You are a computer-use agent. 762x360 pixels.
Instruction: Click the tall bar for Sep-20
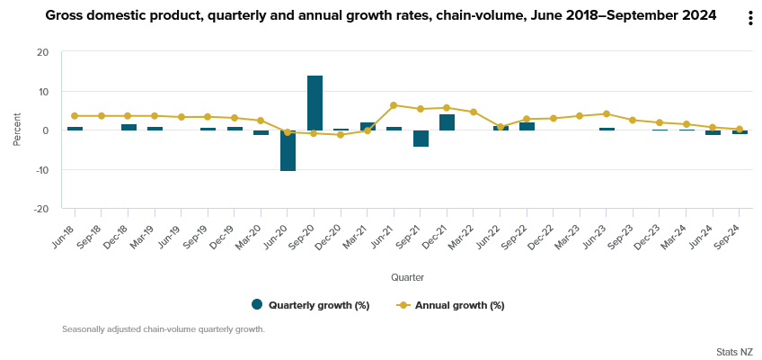pos(315,103)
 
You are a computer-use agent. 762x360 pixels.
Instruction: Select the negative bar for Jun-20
pos(288,150)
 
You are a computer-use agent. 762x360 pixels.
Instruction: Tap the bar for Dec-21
pos(447,122)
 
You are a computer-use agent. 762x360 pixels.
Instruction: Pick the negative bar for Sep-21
pos(421,139)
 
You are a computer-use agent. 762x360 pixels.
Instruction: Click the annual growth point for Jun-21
pos(394,105)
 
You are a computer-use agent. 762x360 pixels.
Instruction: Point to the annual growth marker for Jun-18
pos(75,116)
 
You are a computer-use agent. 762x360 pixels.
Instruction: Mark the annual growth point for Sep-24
pos(740,130)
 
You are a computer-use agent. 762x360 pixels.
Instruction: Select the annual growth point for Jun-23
pos(607,114)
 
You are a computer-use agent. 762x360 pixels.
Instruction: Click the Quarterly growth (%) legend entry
pos(311,305)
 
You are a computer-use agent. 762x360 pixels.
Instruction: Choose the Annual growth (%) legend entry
pos(451,305)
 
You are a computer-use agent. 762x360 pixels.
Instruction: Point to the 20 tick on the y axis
pos(42,52)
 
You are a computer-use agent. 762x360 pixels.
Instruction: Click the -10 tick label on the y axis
pos(40,169)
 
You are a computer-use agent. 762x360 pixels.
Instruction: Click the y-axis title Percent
pos(17,130)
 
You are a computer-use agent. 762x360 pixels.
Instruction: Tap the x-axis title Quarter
pos(407,277)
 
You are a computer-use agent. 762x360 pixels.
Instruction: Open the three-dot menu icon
pos(750,19)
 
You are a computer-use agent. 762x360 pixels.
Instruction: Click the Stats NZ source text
pos(734,351)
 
